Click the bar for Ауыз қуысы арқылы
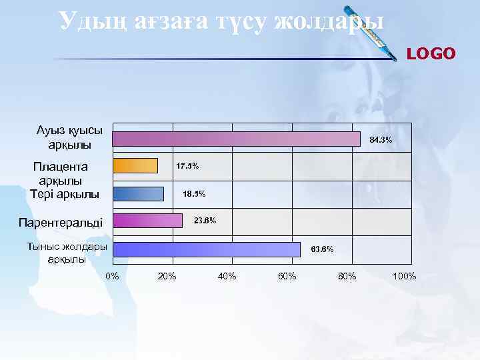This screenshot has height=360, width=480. pos(236,138)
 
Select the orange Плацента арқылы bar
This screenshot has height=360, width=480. pos(135,165)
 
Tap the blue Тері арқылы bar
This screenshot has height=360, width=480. pos(138,193)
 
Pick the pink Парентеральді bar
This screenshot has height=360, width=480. pos(147,221)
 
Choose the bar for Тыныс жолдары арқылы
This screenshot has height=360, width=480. pos(206,249)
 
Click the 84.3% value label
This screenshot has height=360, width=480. pos(380,140)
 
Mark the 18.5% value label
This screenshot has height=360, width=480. pos(194,194)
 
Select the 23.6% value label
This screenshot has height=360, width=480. pos(205,221)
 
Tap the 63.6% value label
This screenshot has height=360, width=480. pos(323,249)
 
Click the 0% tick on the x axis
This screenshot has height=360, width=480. pos(113,276)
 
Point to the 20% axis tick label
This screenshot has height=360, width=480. pos(167,276)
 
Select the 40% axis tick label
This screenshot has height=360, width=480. pos(227,276)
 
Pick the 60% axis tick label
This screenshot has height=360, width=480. pos(287,276)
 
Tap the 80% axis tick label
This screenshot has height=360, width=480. pos(347,276)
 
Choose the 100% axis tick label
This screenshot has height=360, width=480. pos(405,276)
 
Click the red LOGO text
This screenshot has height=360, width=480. pos(431,53)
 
